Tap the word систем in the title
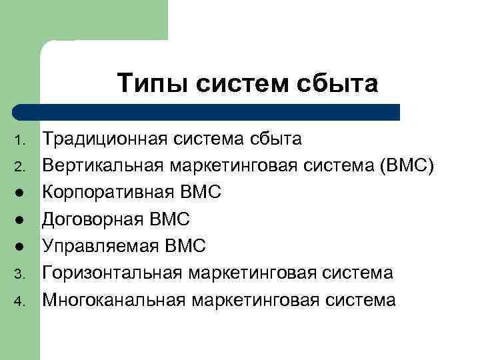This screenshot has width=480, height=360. click(243, 84)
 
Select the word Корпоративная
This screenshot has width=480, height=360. click(108, 193)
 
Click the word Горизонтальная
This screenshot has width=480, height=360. click(113, 273)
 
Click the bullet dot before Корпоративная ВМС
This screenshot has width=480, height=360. click(21, 194)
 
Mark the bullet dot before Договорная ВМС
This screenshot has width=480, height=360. click(21, 221)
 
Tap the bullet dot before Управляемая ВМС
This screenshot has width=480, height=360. click(21, 247)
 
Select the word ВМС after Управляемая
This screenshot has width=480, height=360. click(182, 247)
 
